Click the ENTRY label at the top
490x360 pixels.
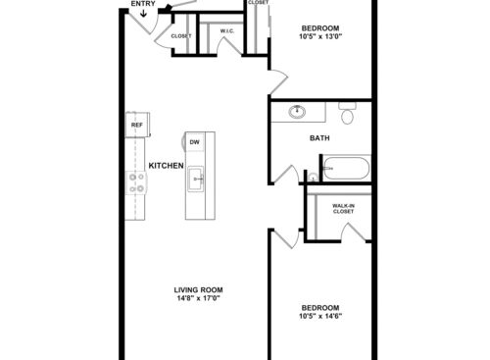[x=143, y=4]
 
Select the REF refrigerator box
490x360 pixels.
[x=136, y=126]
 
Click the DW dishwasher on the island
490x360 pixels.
[x=195, y=141]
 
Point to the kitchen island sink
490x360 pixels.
[x=196, y=178]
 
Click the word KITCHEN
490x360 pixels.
[x=167, y=165]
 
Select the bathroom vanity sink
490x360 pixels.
[x=297, y=113]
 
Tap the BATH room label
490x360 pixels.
[x=319, y=138]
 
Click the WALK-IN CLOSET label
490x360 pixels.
[x=343, y=208]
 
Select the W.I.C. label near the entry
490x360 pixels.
[x=226, y=31]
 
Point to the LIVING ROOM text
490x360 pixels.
[x=199, y=289]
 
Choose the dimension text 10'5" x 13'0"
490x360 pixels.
[x=322, y=37]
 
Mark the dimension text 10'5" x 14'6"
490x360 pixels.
[x=320, y=316]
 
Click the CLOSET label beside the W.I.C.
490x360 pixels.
[x=180, y=36]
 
